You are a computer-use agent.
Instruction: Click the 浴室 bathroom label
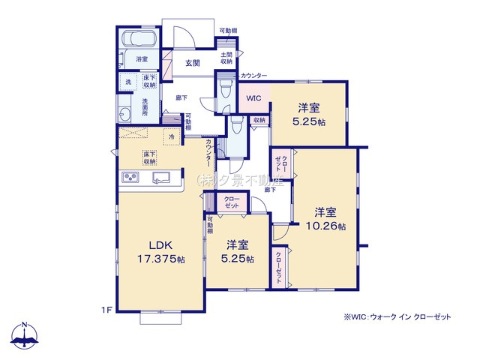142,58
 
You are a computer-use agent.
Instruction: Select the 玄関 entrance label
193,64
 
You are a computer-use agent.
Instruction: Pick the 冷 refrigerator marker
172,137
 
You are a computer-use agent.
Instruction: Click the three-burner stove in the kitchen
130,177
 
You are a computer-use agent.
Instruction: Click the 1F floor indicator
106,308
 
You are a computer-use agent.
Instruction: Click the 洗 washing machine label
127,81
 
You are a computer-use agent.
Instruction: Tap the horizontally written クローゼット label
232,201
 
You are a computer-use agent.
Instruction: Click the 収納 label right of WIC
259,120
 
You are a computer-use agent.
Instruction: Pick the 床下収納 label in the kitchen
148,157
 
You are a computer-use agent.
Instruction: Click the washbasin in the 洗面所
124,112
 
